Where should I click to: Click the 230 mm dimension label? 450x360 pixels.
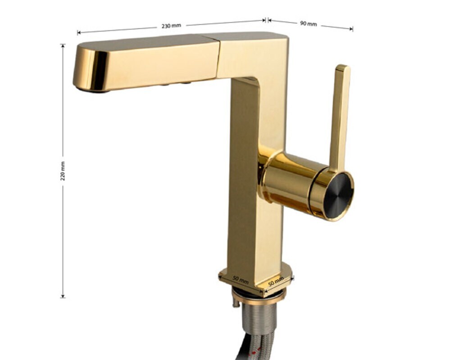[171, 26]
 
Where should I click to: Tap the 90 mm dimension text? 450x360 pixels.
[309, 23]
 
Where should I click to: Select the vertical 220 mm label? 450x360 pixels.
[63, 171]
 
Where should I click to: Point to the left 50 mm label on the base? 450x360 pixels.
[241, 280]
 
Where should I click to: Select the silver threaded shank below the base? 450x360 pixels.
[258, 319]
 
